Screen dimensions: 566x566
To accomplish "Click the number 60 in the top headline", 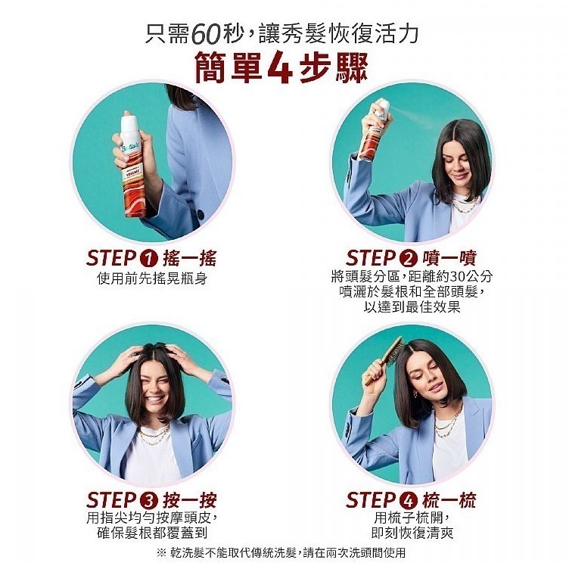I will click(207, 34).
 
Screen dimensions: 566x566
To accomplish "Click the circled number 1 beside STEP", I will click(148, 257).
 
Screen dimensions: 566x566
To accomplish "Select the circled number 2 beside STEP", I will click(407, 257).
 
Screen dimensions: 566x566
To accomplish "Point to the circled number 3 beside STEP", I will click(148, 500).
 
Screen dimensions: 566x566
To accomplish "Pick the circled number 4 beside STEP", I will click(407, 500).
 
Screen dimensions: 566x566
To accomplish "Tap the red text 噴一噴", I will click(449, 257).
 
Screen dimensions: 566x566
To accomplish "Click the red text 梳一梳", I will click(449, 500).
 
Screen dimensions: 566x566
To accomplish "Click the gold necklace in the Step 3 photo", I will click(154, 435).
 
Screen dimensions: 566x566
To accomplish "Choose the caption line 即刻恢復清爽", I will click(412, 533).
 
